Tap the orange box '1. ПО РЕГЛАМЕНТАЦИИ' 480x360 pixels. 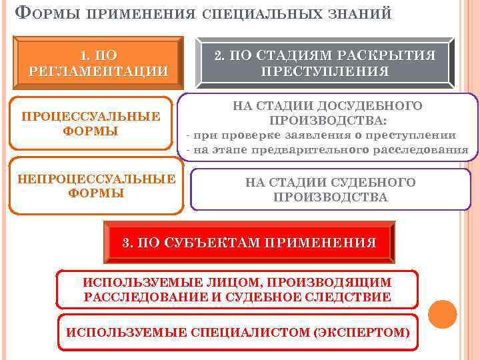click(x=99, y=62)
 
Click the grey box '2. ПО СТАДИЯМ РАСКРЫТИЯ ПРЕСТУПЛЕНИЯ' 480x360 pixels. click(x=325, y=63)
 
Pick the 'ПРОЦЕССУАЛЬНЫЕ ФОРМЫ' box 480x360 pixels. click(x=91, y=124)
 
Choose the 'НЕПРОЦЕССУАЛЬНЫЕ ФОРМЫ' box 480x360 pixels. click(x=96, y=186)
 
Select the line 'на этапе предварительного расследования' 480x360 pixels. click(x=330, y=150)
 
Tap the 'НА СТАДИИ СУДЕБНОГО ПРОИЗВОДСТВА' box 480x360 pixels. click(x=331, y=190)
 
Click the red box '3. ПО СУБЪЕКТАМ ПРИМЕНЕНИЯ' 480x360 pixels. click(x=250, y=242)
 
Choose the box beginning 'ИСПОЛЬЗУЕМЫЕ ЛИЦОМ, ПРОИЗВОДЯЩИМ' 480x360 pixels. click(x=237, y=289)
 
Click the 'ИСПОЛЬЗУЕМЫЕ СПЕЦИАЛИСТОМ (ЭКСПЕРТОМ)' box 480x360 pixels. click(x=237, y=331)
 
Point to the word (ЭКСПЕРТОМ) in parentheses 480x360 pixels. click(x=363, y=331)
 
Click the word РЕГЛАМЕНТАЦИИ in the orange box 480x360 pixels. click(x=99, y=71)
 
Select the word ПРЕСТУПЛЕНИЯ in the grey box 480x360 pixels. click(x=325, y=71)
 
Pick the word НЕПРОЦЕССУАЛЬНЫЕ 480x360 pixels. click(x=96, y=179)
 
